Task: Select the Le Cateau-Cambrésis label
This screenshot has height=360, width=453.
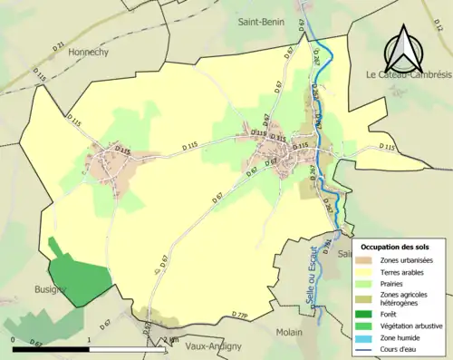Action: [408, 74]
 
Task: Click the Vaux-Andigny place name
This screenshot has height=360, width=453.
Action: [199, 345]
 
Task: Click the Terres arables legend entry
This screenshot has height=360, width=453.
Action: [407, 272]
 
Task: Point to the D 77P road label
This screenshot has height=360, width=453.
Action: [239, 316]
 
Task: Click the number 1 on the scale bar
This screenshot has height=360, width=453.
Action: [89, 339]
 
